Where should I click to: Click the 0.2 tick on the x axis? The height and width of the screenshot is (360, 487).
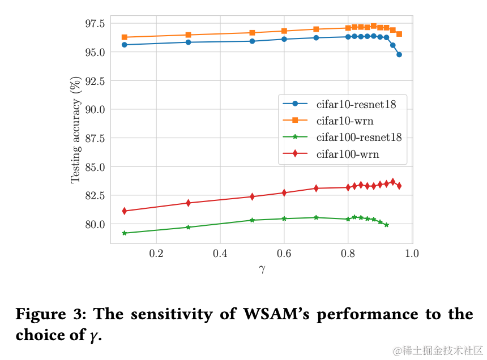click(156, 253)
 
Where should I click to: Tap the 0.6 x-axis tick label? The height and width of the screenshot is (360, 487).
click(284, 253)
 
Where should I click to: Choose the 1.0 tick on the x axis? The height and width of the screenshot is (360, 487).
click(411, 253)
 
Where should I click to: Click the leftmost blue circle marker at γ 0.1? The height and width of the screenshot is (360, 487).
click(125, 45)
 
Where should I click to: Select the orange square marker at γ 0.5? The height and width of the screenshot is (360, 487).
click(252, 33)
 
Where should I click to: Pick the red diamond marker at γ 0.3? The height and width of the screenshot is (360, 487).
click(188, 203)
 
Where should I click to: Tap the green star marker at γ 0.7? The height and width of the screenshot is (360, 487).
click(316, 217)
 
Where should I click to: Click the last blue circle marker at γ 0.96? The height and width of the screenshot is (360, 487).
click(399, 54)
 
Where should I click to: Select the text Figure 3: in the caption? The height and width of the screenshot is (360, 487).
click(50, 315)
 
